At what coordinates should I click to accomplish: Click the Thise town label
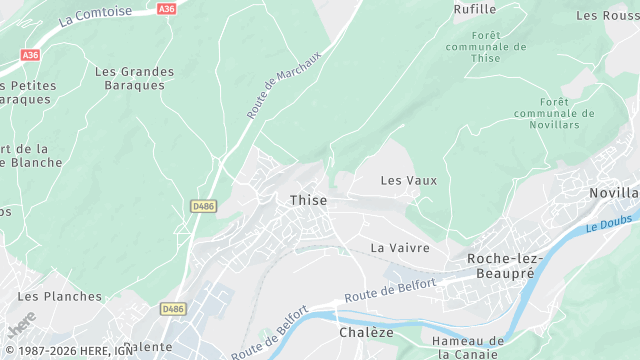pyautogui.click(x=308, y=200)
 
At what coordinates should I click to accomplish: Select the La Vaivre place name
pyautogui.click(x=400, y=247)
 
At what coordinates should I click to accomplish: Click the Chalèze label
pyautogui.click(x=366, y=332)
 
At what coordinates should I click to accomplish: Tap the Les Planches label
pyautogui.click(x=60, y=296)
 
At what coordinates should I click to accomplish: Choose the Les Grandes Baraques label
pyautogui.click(x=134, y=78)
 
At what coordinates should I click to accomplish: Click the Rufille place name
pyautogui.click(x=475, y=9)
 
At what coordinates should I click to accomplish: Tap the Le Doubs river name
pyautogui.click(x=605, y=226)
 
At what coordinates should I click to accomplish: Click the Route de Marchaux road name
pyautogui.click(x=284, y=85)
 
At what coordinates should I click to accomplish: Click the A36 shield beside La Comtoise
pyautogui.click(x=166, y=8)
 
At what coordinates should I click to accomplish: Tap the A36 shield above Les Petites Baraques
pyautogui.click(x=30, y=55)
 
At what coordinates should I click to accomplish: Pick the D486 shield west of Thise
pyautogui.click(x=203, y=206)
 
